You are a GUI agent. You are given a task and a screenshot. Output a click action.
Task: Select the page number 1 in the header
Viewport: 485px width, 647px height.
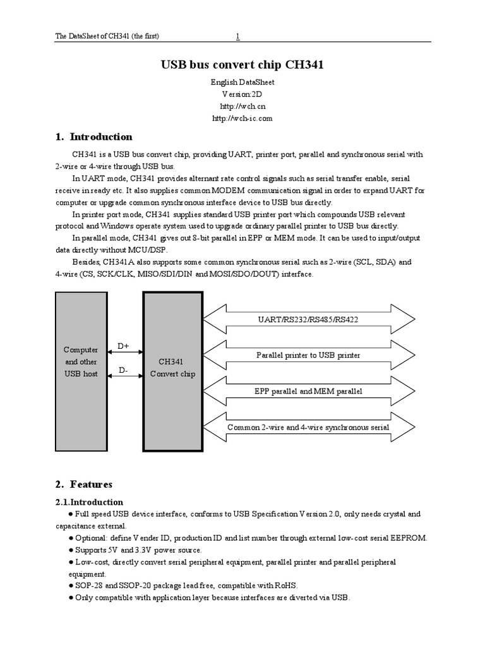(x=237, y=37)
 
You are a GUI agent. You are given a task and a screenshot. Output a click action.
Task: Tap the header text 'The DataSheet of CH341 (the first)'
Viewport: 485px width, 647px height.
(x=107, y=37)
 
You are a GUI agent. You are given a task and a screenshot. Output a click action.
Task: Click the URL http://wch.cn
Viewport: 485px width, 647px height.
(x=242, y=106)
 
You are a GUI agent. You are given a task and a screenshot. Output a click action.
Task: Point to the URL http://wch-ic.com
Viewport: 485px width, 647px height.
(x=242, y=118)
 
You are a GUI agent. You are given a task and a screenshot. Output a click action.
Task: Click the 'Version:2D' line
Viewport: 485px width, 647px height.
(x=242, y=94)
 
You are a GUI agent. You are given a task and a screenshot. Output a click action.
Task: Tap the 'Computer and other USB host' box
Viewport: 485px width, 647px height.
(x=81, y=361)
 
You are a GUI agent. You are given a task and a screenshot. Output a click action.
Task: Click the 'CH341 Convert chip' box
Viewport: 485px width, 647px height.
(x=172, y=368)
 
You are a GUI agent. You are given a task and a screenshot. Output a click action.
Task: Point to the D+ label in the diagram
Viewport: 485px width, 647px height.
(x=124, y=346)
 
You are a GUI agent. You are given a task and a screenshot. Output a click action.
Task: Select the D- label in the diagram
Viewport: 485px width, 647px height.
(x=124, y=370)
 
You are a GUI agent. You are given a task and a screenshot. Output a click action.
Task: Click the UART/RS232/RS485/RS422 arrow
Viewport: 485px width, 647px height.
(x=308, y=319)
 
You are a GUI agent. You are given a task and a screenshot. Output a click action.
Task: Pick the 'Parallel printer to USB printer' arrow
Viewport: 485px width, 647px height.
(x=308, y=355)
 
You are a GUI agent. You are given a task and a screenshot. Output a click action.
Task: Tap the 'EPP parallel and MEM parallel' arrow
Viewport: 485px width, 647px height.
(x=308, y=391)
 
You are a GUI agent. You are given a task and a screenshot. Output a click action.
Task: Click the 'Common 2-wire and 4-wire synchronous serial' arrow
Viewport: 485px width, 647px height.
(x=308, y=428)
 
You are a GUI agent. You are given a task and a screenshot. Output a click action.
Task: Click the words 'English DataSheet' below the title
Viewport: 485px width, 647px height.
(x=242, y=82)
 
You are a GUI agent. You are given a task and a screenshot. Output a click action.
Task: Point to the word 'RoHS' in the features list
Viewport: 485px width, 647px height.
(x=286, y=585)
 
